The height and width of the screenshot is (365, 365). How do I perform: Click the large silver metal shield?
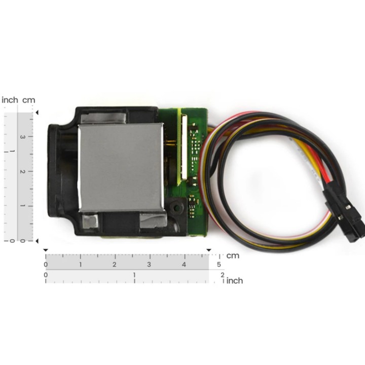(x=121, y=167)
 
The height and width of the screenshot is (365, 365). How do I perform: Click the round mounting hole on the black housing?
(x=176, y=207)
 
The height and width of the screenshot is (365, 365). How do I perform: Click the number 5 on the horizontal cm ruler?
(x=218, y=265)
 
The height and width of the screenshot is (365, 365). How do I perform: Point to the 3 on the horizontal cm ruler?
(x=149, y=265)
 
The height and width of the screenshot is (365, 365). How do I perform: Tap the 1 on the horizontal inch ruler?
(x=134, y=275)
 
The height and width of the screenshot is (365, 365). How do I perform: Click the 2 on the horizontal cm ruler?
(x=115, y=265)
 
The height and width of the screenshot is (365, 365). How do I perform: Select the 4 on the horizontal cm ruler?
(x=184, y=265)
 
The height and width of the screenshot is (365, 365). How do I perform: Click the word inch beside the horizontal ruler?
(x=234, y=280)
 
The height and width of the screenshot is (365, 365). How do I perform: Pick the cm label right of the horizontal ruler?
(x=233, y=255)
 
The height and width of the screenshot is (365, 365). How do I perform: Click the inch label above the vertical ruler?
(x=10, y=100)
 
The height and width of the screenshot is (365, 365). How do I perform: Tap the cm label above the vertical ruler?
(x=29, y=100)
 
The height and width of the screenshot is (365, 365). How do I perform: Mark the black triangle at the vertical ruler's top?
(x=37, y=112)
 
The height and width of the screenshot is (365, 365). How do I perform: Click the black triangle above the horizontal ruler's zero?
(x=46, y=250)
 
